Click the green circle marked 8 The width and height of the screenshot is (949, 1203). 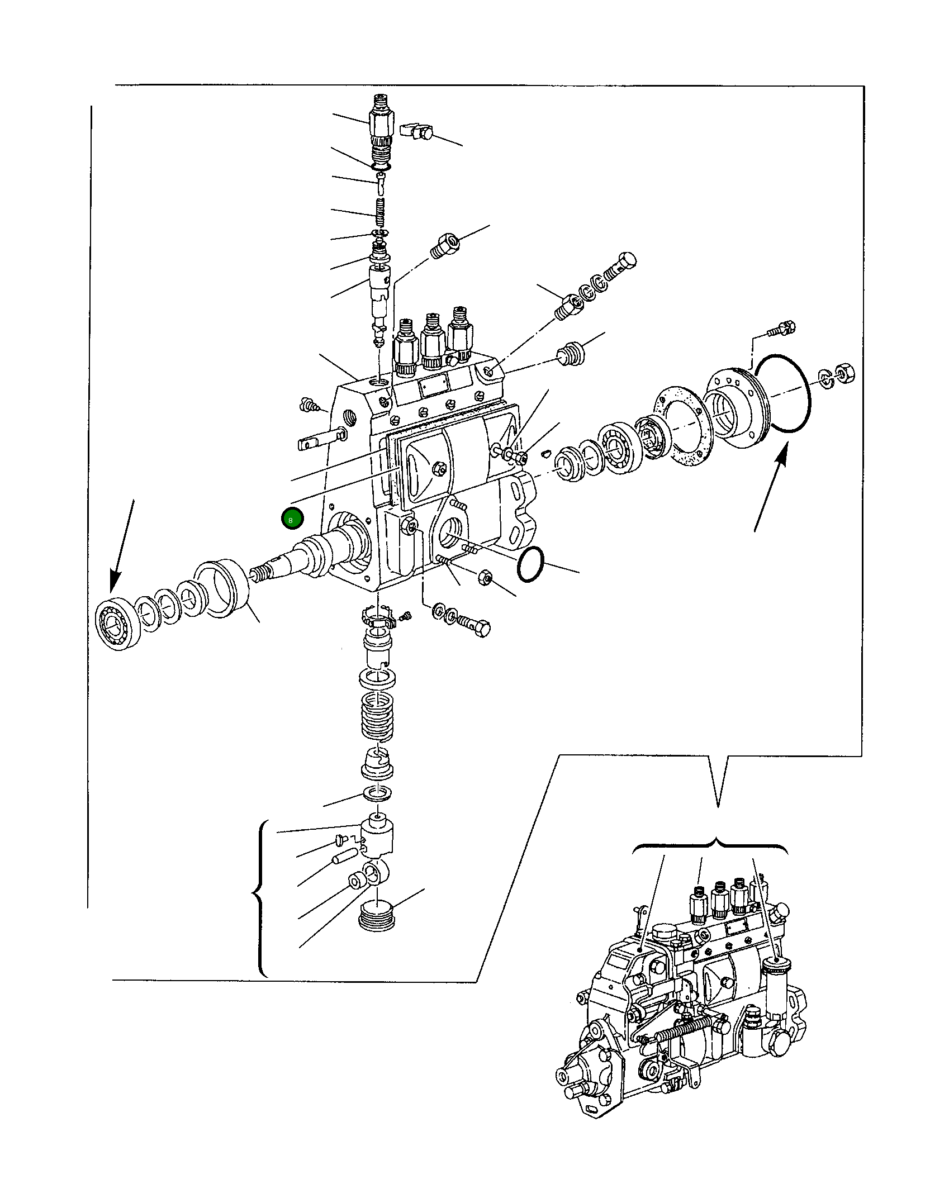click(292, 519)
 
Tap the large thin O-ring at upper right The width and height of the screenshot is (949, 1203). click(780, 393)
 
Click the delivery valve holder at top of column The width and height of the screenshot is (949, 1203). click(381, 126)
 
